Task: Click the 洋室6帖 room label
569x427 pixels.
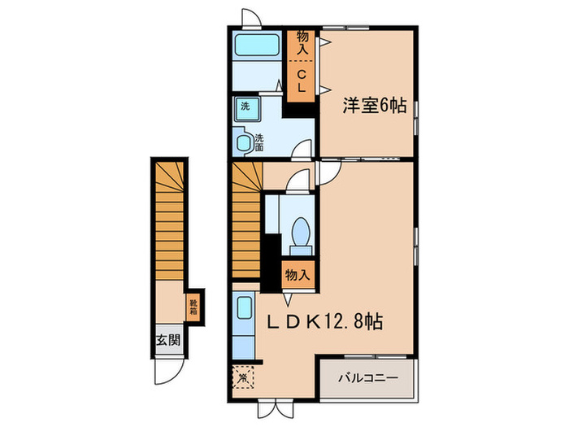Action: pos(374,106)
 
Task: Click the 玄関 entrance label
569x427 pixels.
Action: pos(163,341)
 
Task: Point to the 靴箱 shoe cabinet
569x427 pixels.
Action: pos(193,306)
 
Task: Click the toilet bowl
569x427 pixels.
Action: pos(298,231)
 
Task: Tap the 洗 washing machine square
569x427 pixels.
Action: pos(244,106)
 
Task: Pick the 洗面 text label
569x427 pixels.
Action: pos(259,142)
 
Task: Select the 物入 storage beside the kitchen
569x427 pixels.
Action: pos(297,275)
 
